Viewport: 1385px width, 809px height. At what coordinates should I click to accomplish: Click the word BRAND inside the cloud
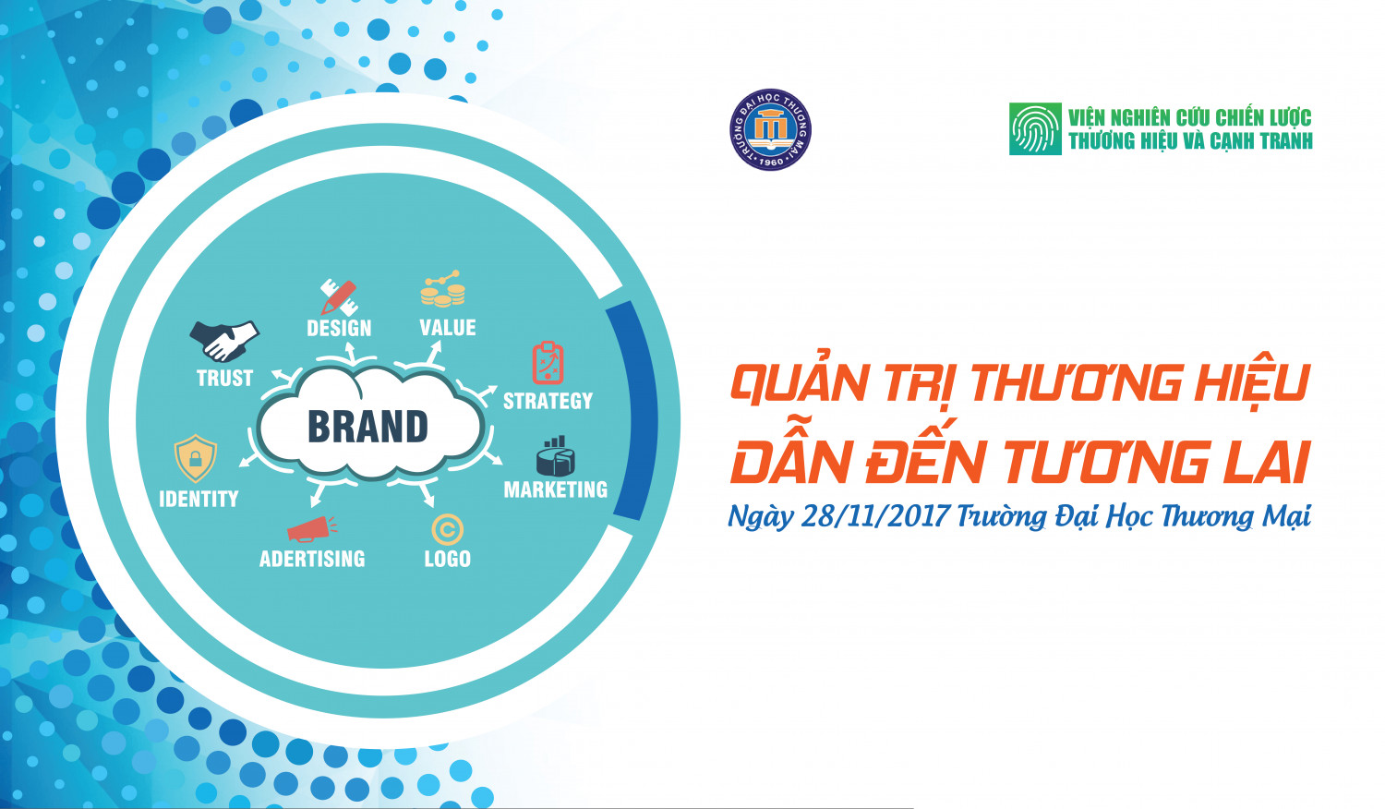click(367, 427)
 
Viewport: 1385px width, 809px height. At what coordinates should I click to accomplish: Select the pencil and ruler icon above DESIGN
click(338, 296)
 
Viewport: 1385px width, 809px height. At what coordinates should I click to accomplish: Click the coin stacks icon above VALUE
click(442, 290)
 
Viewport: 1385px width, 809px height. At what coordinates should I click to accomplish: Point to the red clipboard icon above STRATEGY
click(548, 363)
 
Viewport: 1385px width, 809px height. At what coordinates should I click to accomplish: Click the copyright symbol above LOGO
click(447, 530)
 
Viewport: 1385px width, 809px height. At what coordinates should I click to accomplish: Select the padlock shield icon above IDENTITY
click(196, 458)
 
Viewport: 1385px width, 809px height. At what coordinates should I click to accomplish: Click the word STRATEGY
click(548, 401)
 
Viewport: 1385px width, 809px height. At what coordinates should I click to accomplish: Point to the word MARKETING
click(555, 489)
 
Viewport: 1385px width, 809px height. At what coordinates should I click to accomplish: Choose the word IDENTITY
click(199, 499)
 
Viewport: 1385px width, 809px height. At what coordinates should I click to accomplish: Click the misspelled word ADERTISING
click(312, 559)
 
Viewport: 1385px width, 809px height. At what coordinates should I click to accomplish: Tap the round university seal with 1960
click(770, 130)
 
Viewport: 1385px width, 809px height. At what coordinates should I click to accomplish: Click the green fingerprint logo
click(1035, 129)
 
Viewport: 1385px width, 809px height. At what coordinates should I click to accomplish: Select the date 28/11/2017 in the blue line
click(874, 515)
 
